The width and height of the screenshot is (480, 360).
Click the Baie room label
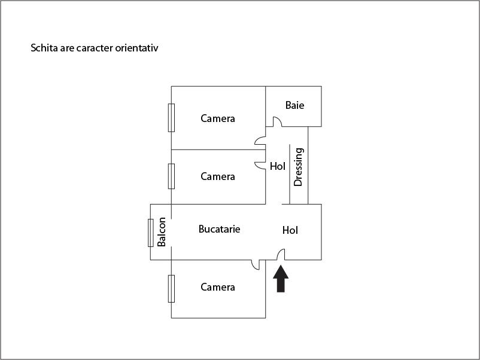click(x=294, y=105)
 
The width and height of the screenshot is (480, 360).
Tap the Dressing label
click(x=298, y=167)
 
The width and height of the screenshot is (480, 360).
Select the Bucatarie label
click(x=219, y=229)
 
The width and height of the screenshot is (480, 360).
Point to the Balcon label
click(x=162, y=232)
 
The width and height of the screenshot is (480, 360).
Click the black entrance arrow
click(x=281, y=279)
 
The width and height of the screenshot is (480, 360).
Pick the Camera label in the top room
click(x=218, y=118)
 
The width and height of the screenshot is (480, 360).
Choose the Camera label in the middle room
click(x=218, y=176)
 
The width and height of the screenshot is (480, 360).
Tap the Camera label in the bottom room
click(x=218, y=287)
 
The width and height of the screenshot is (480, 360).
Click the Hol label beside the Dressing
click(x=277, y=166)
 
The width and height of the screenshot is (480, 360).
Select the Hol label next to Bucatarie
click(x=290, y=230)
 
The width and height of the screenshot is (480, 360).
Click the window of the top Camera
click(x=171, y=118)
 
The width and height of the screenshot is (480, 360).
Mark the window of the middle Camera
click(x=171, y=176)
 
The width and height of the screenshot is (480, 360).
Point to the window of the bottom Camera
click(x=171, y=289)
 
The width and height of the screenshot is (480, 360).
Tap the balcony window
click(x=151, y=233)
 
